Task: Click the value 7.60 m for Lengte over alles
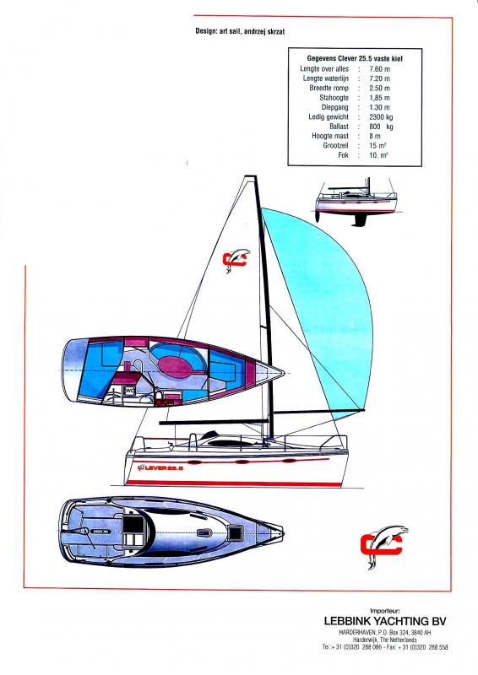379,69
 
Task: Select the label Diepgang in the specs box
334,107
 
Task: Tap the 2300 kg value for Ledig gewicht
381,116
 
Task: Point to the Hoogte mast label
330,136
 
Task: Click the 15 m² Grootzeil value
378,145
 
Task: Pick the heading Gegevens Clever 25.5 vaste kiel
355,58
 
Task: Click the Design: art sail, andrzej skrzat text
240,31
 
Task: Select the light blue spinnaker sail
328,301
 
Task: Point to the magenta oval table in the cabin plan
176,367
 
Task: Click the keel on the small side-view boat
359,219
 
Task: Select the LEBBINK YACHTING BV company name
385,621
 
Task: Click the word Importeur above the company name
385,610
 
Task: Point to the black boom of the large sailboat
215,423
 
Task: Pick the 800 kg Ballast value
381,127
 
